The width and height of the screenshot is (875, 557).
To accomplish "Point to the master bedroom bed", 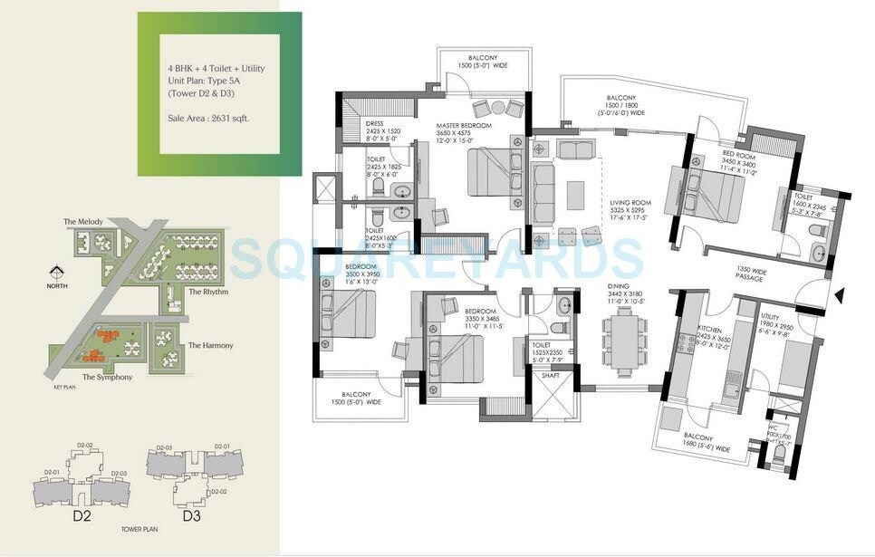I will pos(491,171).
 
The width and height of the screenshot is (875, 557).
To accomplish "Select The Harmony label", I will pos(210,345).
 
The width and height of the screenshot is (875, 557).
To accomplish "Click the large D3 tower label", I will pos(191,517).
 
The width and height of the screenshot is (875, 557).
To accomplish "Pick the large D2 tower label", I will pos(83,517).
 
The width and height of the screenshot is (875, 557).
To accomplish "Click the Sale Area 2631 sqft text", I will pos(207,118).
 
